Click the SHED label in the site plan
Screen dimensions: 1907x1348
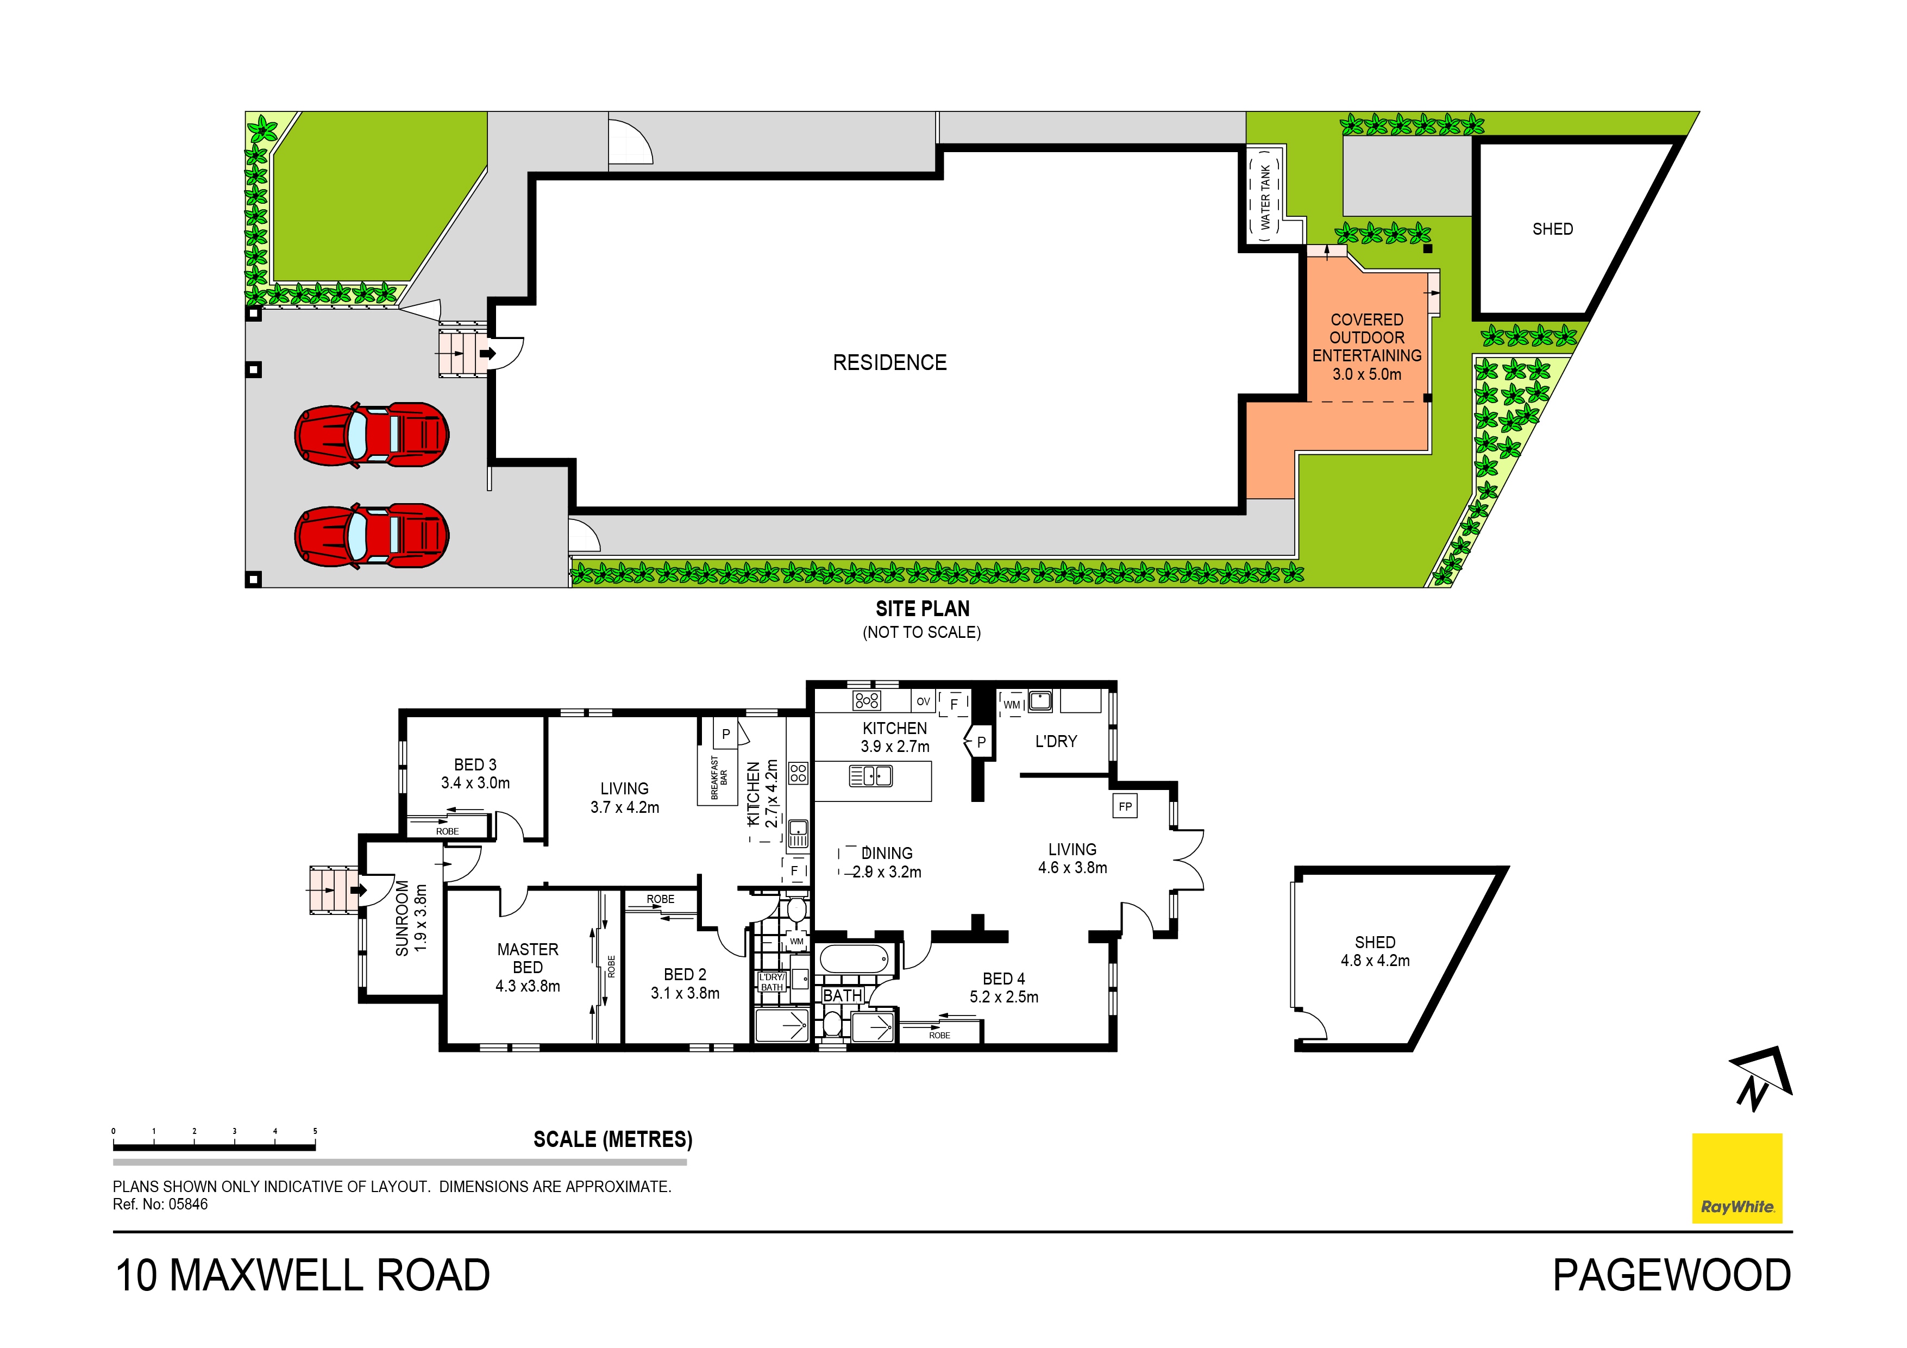click(1552, 229)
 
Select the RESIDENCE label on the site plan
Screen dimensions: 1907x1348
click(889, 363)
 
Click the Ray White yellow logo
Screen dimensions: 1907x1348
click(1737, 1178)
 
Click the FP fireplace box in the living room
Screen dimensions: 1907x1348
click(1125, 806)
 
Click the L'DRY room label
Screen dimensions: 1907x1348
click(1056, 742)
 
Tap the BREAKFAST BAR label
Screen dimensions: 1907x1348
click(718, 778)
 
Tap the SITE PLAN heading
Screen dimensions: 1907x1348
click(923, 609)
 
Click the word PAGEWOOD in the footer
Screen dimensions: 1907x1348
click(1672, 1276)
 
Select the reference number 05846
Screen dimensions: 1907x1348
click(189, 1205)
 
